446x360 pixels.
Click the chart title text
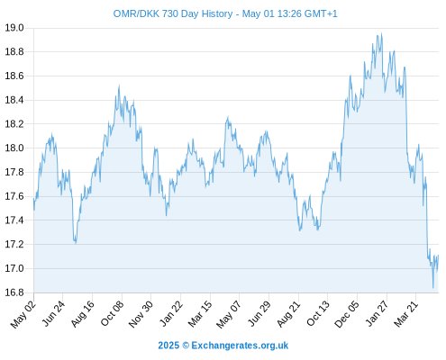225,13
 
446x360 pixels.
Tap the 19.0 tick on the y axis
14,28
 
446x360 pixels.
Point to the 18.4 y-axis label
14,100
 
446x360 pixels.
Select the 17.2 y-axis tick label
14,244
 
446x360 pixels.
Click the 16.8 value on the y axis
14,292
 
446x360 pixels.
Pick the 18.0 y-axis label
14,148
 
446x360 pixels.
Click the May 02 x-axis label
23,314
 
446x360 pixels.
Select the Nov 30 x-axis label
141,314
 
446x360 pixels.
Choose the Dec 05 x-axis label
347,314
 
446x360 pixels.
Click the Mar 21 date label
406,314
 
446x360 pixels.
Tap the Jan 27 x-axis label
378,314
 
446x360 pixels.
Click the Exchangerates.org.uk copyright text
223,346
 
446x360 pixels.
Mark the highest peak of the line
381,33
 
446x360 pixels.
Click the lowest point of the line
433,288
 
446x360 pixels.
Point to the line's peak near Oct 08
119,85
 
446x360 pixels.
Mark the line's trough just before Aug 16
76,243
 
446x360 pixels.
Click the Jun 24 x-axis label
53,314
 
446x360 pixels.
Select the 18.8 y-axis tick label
14,52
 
